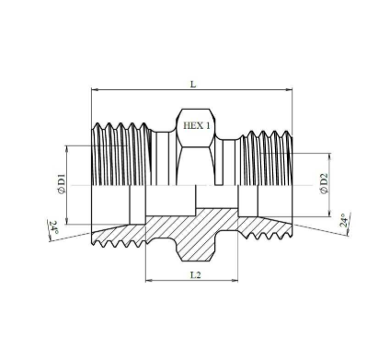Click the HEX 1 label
(x=197, y=125)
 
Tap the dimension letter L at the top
(x=193, y=84)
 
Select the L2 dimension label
(x=196, y=275)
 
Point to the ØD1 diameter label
(x=62, y=183)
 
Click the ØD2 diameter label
(x=324, y=183)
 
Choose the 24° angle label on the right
(x=345, y=220)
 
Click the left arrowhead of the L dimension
(x=95, y=89)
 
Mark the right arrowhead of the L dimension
(x=289, y=89)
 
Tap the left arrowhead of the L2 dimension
(x=149, y=280)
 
